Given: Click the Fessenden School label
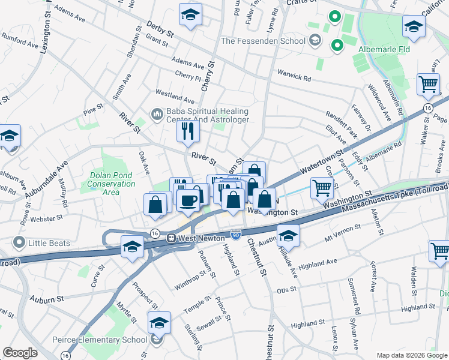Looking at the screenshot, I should [x=263, y=41].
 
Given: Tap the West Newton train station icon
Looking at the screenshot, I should [x=172, y=238].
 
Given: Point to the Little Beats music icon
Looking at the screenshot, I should [x=19, y=243].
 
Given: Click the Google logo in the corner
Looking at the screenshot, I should [x=20, y=352].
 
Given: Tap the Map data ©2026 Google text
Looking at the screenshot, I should [x=412, y=355].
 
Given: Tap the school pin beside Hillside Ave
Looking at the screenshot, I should [x=289, y=236].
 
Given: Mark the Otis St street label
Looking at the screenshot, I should [x=286, y=289].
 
